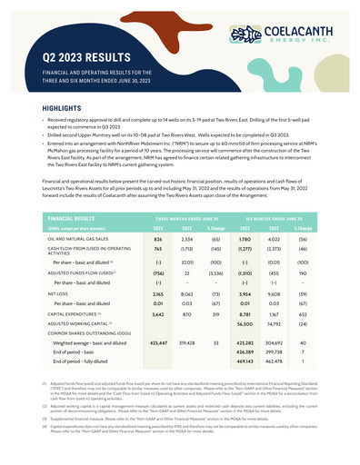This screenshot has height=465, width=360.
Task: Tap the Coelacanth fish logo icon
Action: pyautogui.click(x=246, y=35)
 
